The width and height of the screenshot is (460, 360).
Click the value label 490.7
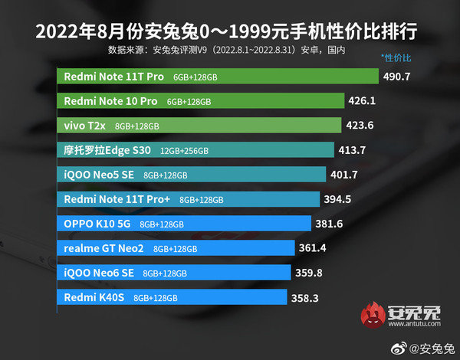397,77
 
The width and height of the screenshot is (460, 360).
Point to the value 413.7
353,150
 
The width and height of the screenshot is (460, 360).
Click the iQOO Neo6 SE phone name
99,273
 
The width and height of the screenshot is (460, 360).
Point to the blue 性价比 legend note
396,58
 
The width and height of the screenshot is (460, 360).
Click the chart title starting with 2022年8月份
230,32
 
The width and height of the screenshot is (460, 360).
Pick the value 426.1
363,101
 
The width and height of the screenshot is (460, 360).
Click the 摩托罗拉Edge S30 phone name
97,150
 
